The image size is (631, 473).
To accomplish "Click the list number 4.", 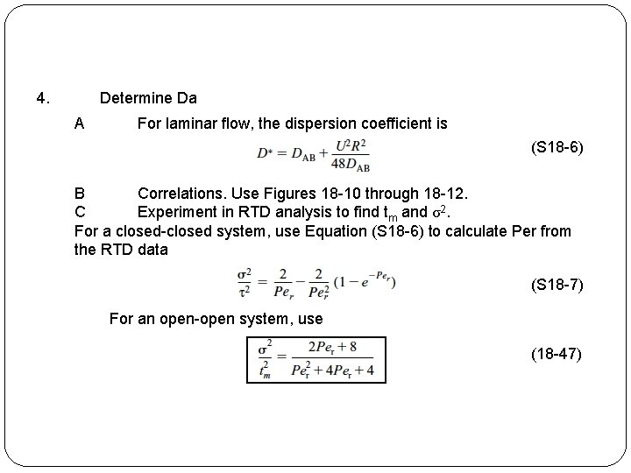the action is (42, 98).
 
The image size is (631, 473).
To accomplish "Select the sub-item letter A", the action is (80, 124).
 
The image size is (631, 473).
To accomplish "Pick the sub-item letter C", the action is (80, 212).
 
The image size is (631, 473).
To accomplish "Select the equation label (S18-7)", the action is (557, 286).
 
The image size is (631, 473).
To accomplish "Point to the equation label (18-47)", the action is (557, 354).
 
